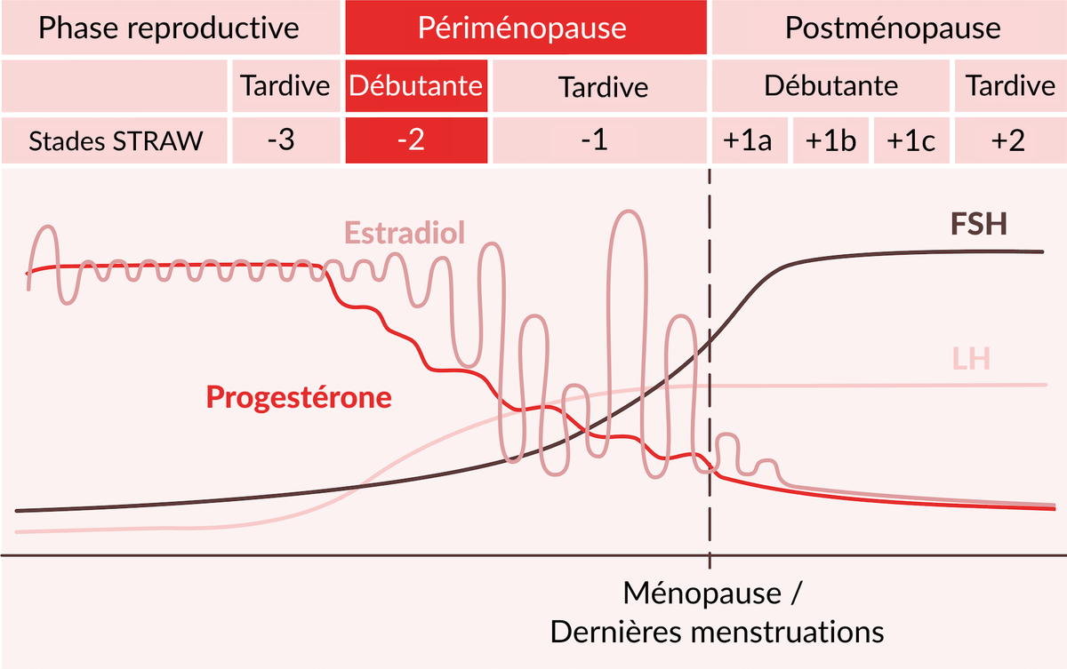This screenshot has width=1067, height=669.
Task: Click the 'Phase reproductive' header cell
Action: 171,28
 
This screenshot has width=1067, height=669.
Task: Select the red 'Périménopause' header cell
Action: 525,28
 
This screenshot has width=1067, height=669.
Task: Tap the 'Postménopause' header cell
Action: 889,28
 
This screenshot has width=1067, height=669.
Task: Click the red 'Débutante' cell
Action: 416,86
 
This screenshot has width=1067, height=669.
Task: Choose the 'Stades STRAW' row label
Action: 115,141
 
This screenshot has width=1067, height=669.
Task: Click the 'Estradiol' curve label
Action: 405,233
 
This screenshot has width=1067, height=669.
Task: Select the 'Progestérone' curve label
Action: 299,397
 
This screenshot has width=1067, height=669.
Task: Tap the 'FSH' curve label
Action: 979,224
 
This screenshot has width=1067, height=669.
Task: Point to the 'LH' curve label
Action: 971,359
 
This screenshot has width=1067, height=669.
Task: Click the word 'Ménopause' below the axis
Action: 702,593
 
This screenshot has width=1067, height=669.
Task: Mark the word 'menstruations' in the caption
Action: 787,633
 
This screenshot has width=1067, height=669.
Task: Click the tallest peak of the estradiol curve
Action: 629,211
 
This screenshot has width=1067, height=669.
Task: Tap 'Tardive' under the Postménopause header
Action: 1010,86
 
